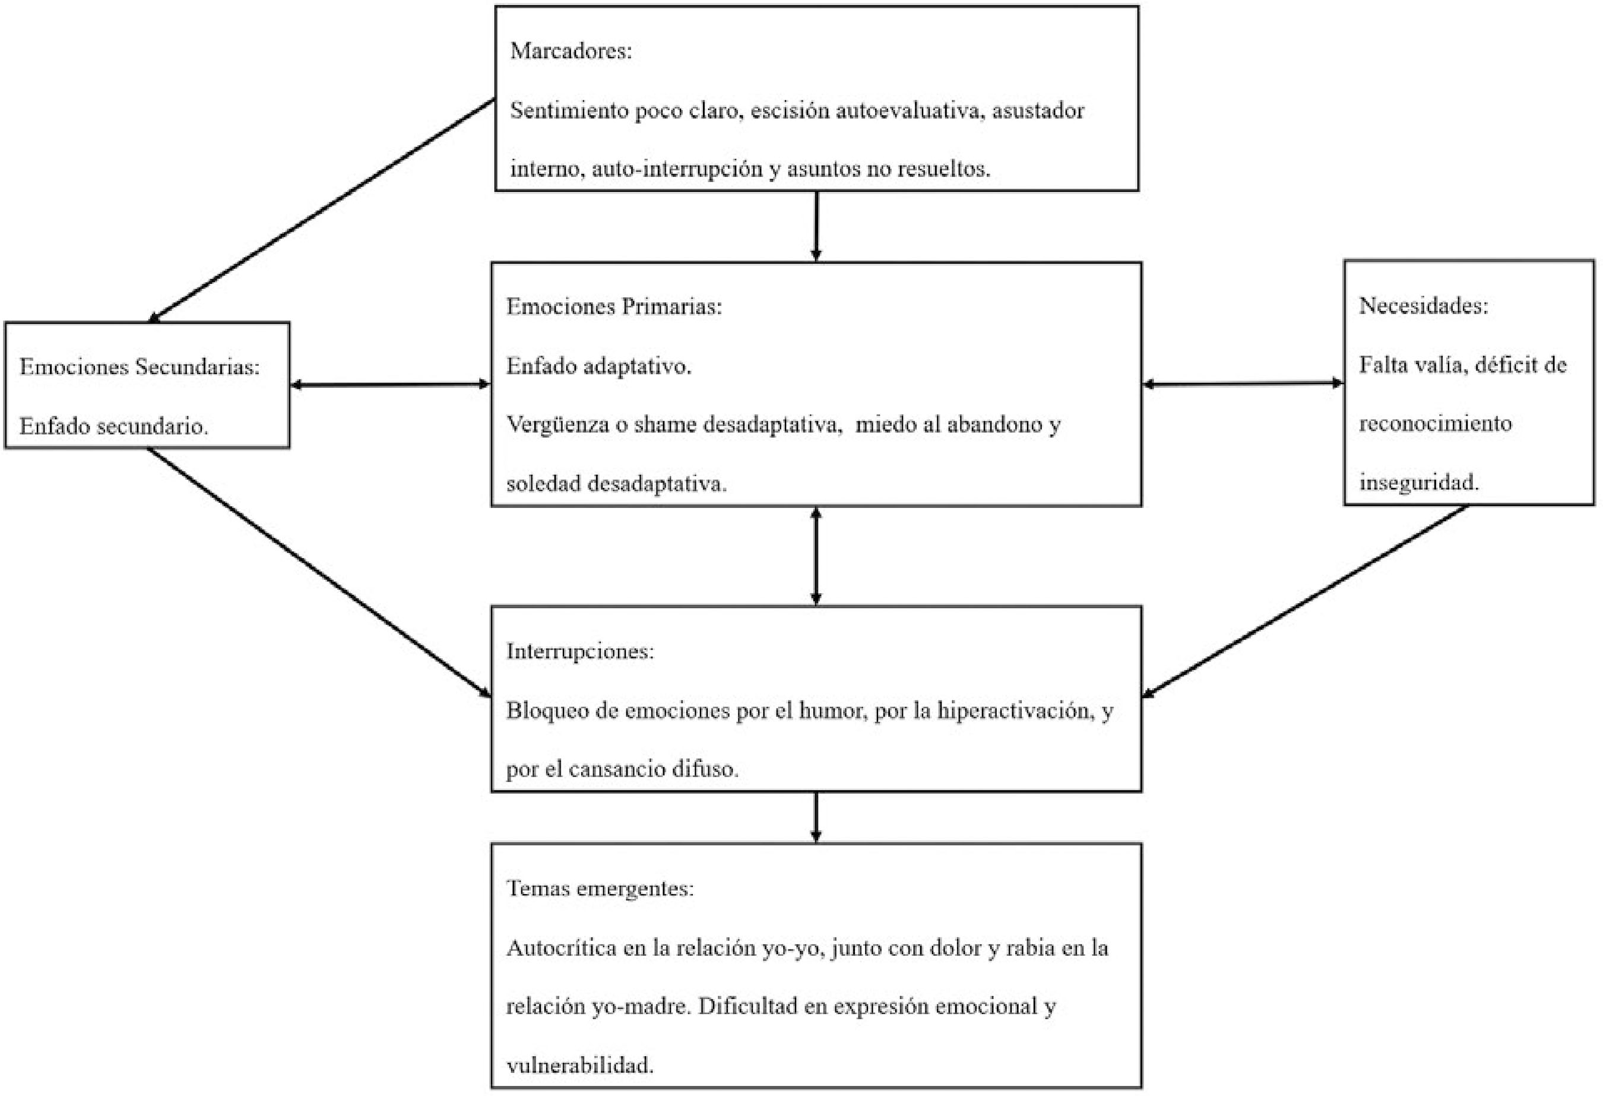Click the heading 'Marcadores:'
pyautogui.click(x=571, y=51)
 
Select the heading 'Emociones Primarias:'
pyautogui.click(x=614, y=306)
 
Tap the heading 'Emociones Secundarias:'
pyautogui.click(x=140, y=366)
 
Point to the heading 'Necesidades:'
pyautogui.click(x=1424, y=306)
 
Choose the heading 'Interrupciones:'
pyautogui.click(x=580, y=651)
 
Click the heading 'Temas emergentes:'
pyautogui.click(x=600, y=888)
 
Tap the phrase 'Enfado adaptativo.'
pyautogui.click(x=598, y=366)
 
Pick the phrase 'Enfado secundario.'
pyautogui.click(x=114, y=426)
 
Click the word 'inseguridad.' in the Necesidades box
pyautogui.click(x=1419, y=482)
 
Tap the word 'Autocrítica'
pyautogui.click(x=562, y=948)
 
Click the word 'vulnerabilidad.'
pyautogui.click(x=579, y=1066)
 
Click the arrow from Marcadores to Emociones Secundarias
pyautogui.click(x=322, y=211)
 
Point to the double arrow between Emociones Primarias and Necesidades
pyautogui.click(x=1243, y=384)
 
